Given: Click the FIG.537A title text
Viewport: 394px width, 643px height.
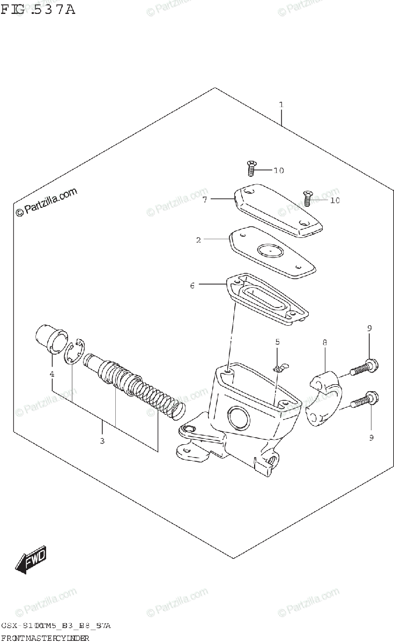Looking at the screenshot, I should [38, 9].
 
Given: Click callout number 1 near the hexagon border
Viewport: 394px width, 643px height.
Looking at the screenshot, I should [280, 104].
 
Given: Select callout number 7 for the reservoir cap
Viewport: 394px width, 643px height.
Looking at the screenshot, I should [205, 200].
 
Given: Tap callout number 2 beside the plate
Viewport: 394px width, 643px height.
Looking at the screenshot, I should [198, 240].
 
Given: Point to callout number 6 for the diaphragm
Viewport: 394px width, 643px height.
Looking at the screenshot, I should [192, 286].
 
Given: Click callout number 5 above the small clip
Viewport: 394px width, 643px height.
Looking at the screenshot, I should [278, 341].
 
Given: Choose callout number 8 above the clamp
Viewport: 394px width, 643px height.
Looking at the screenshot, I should [325, 341].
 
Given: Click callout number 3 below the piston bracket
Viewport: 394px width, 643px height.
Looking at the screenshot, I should [102, 442].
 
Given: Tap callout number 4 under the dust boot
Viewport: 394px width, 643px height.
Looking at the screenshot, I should [52, 373].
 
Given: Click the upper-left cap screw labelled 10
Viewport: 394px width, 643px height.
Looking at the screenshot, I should [250, 169].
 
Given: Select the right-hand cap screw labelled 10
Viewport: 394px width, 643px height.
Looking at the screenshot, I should [308, 199].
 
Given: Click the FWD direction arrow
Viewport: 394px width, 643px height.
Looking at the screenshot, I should [32, 560].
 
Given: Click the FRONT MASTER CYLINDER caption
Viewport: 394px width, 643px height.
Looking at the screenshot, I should [45, 637].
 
